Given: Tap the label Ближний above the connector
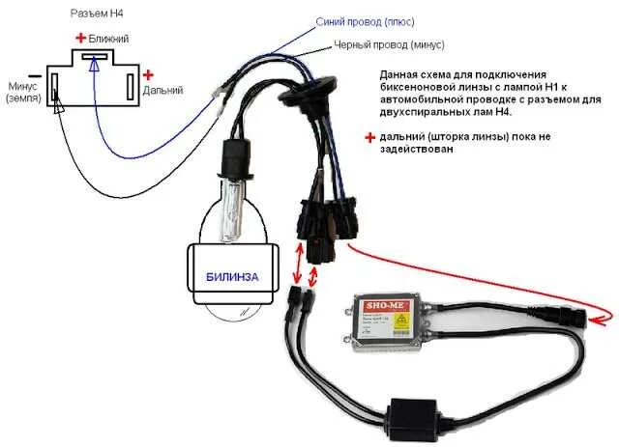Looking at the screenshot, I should click(108, 38).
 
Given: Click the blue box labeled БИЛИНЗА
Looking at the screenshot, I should click(232, 277).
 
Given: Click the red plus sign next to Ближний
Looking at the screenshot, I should click(81, 38).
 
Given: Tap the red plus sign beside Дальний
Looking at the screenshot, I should click(148, 74).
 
